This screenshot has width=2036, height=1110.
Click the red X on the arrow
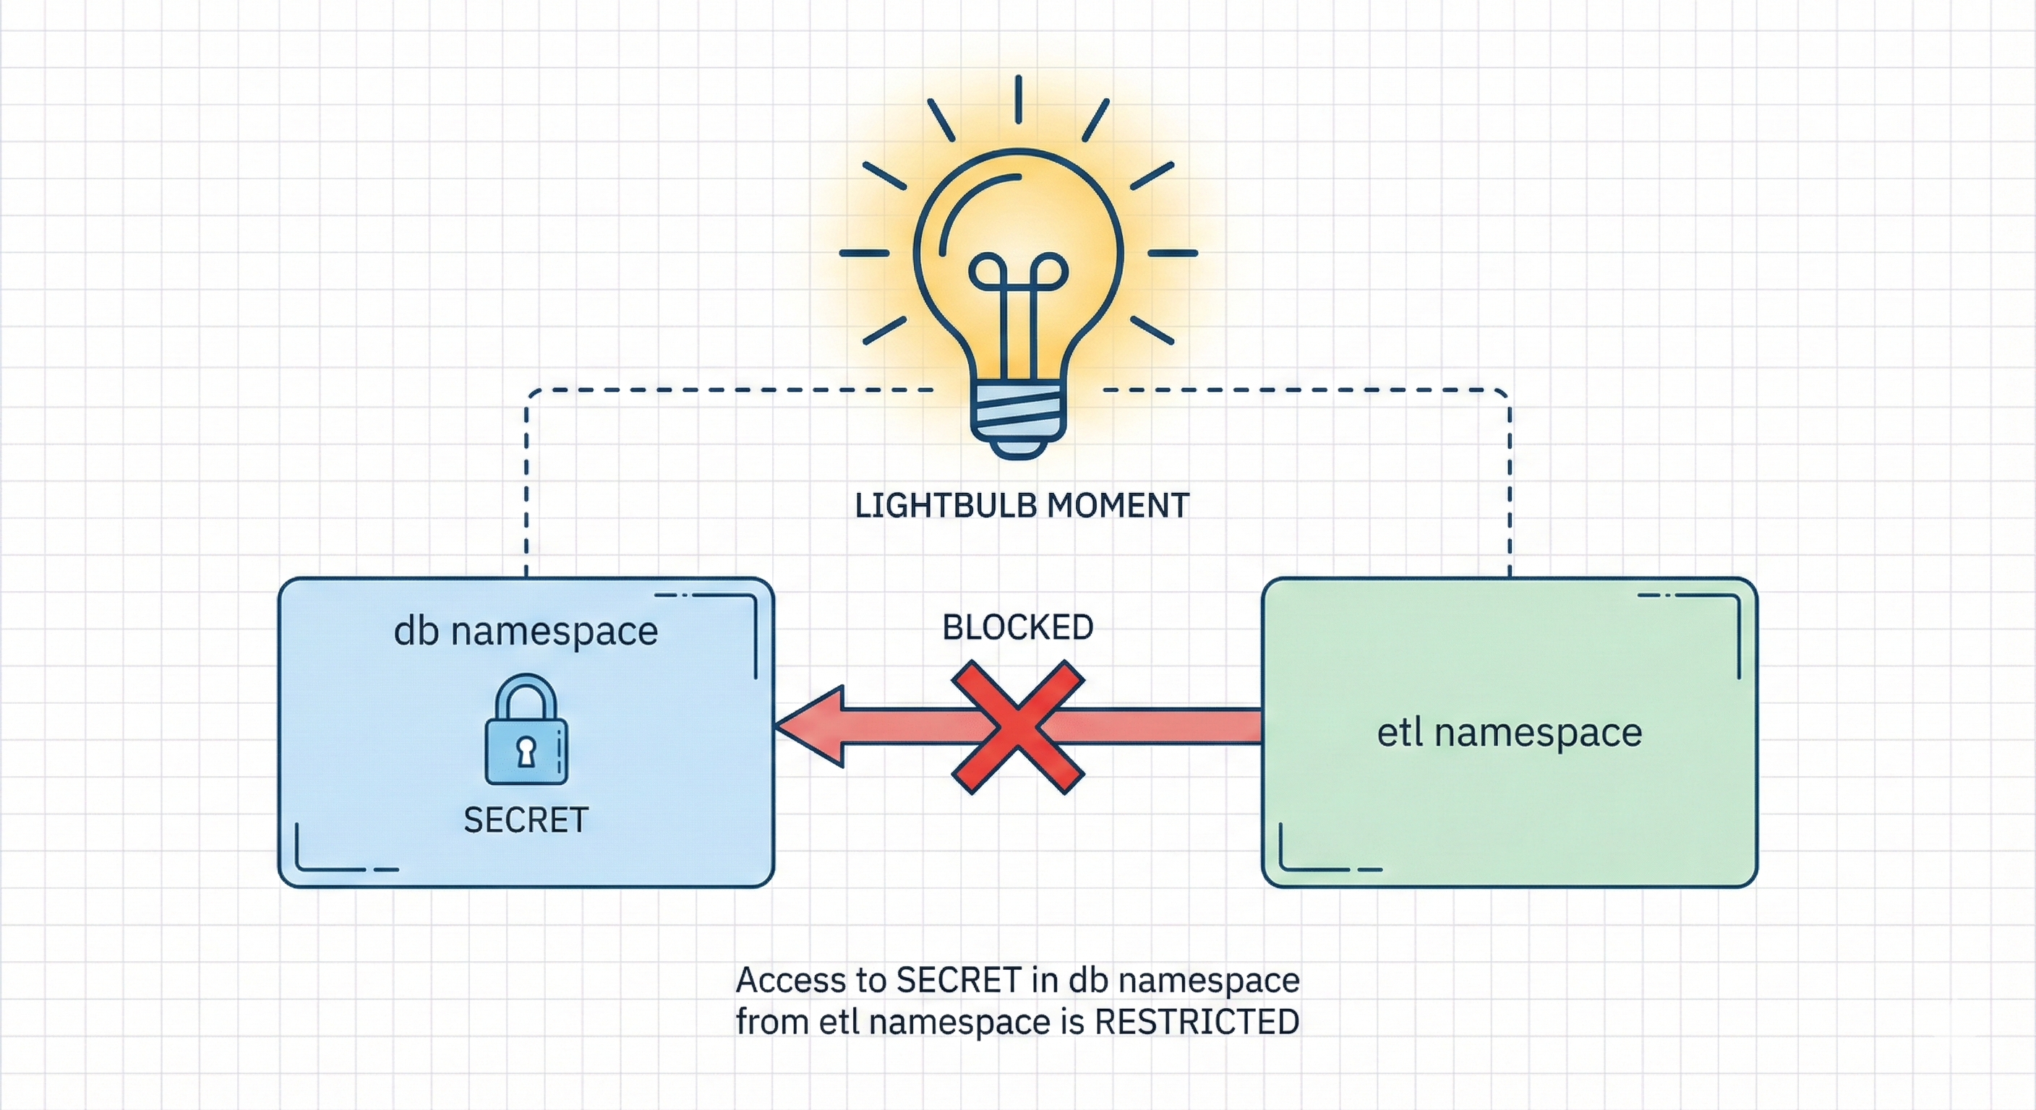pyautogui.click(x=1018, y=728)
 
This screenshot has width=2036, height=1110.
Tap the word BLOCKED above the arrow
pyautogui.click(x=1018, y=627)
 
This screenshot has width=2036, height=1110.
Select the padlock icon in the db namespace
pyautogui.click(x=526, y=731)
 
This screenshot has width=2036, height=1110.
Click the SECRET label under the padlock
pyautogui.click(x=526, y=820)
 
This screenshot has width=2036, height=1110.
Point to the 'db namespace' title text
pyautogui.click(x=526, y=630)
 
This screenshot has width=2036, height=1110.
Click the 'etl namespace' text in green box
pyautogui.click(x=1510, y=731)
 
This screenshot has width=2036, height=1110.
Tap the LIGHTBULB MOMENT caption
pyautogui.click(x=1022, y=506)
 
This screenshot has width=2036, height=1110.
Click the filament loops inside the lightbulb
pyautogui.click(x=1018, y=272)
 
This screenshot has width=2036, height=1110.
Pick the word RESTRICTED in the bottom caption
pyautogui.click(x=1197, y=1022)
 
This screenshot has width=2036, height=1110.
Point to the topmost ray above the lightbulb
pyautogui.click(x=1018, y=99)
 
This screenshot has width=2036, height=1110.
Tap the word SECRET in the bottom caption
pyautogui.click(x=959, y=981)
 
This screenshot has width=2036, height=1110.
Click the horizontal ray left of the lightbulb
pyautogui.click(x=864, y=254)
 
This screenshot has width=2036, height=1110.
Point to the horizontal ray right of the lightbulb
pyautogui.click(x=1172, y=254)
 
